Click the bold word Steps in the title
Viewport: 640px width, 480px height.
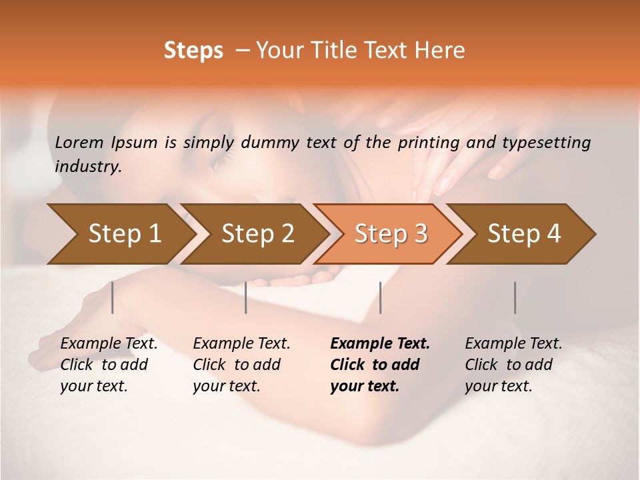(x=193, y=51)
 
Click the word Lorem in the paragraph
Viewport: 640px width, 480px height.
(x=79, y=143)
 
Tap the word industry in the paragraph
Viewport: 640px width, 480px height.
(x=87, y=167)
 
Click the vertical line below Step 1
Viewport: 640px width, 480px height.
(x=113, y=297)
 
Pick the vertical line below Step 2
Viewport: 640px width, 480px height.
(x=246, y=297)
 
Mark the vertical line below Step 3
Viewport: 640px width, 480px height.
(x=381, y=297)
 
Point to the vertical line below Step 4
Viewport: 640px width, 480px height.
(x=515, y=297)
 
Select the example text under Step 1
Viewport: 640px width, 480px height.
(x=108, y=365)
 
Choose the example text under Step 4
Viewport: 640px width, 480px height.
(x=512, y=365)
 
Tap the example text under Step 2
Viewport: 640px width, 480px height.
(x=241, y=365)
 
